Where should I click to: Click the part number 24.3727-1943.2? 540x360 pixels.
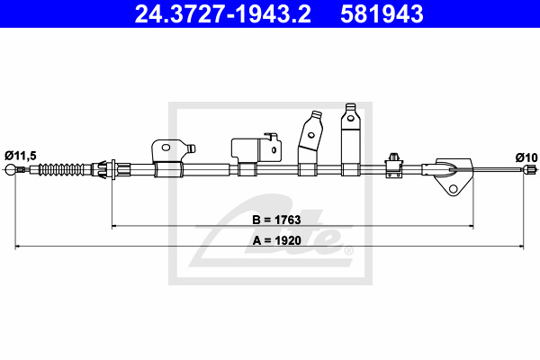pyautogui.click(x=223, y=14)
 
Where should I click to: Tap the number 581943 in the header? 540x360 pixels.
pyautogui.click(x=382, y=14)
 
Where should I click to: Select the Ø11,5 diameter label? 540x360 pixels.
pyautogui.click(x=21, y=156)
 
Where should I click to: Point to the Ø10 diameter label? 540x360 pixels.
pyautogui.click(x=526, y=157)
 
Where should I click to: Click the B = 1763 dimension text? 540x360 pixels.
pyautogui.click(x=276, y=220)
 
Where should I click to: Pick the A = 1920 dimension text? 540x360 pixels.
pyautogui.click(x=277, y=240)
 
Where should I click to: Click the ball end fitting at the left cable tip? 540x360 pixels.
pyautogui.click(x=10, y=169)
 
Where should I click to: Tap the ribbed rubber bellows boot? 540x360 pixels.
pyautogui.click(x=61, y=169)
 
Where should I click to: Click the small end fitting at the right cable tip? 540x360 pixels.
pyautogui.click(x=530, y=169)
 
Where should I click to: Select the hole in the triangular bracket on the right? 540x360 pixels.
pyautogui.click(x=454, y=189)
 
